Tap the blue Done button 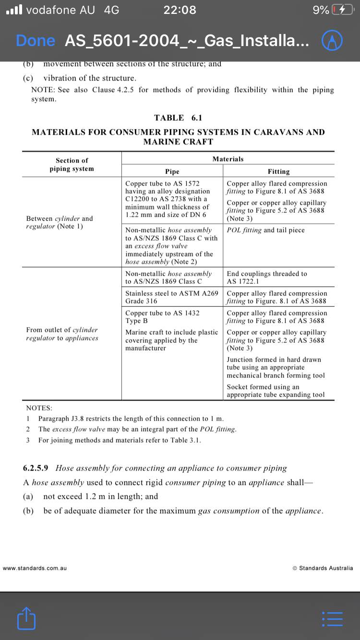coord(35,41)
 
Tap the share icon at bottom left coord(26,618)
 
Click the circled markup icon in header coord(332,41)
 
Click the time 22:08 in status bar coord(180,10)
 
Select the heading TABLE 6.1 coord(178,118)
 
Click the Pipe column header coord(172,171)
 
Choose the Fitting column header coord(278,171)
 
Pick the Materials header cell coord(228,159)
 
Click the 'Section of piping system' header coord(72,165)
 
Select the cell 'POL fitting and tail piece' coord(266,230)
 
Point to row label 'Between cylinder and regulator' coord(60,222)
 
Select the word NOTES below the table coord(39,408)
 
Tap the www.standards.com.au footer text coord(35,568)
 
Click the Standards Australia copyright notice coord(323,568)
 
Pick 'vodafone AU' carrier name coord(60,10)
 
